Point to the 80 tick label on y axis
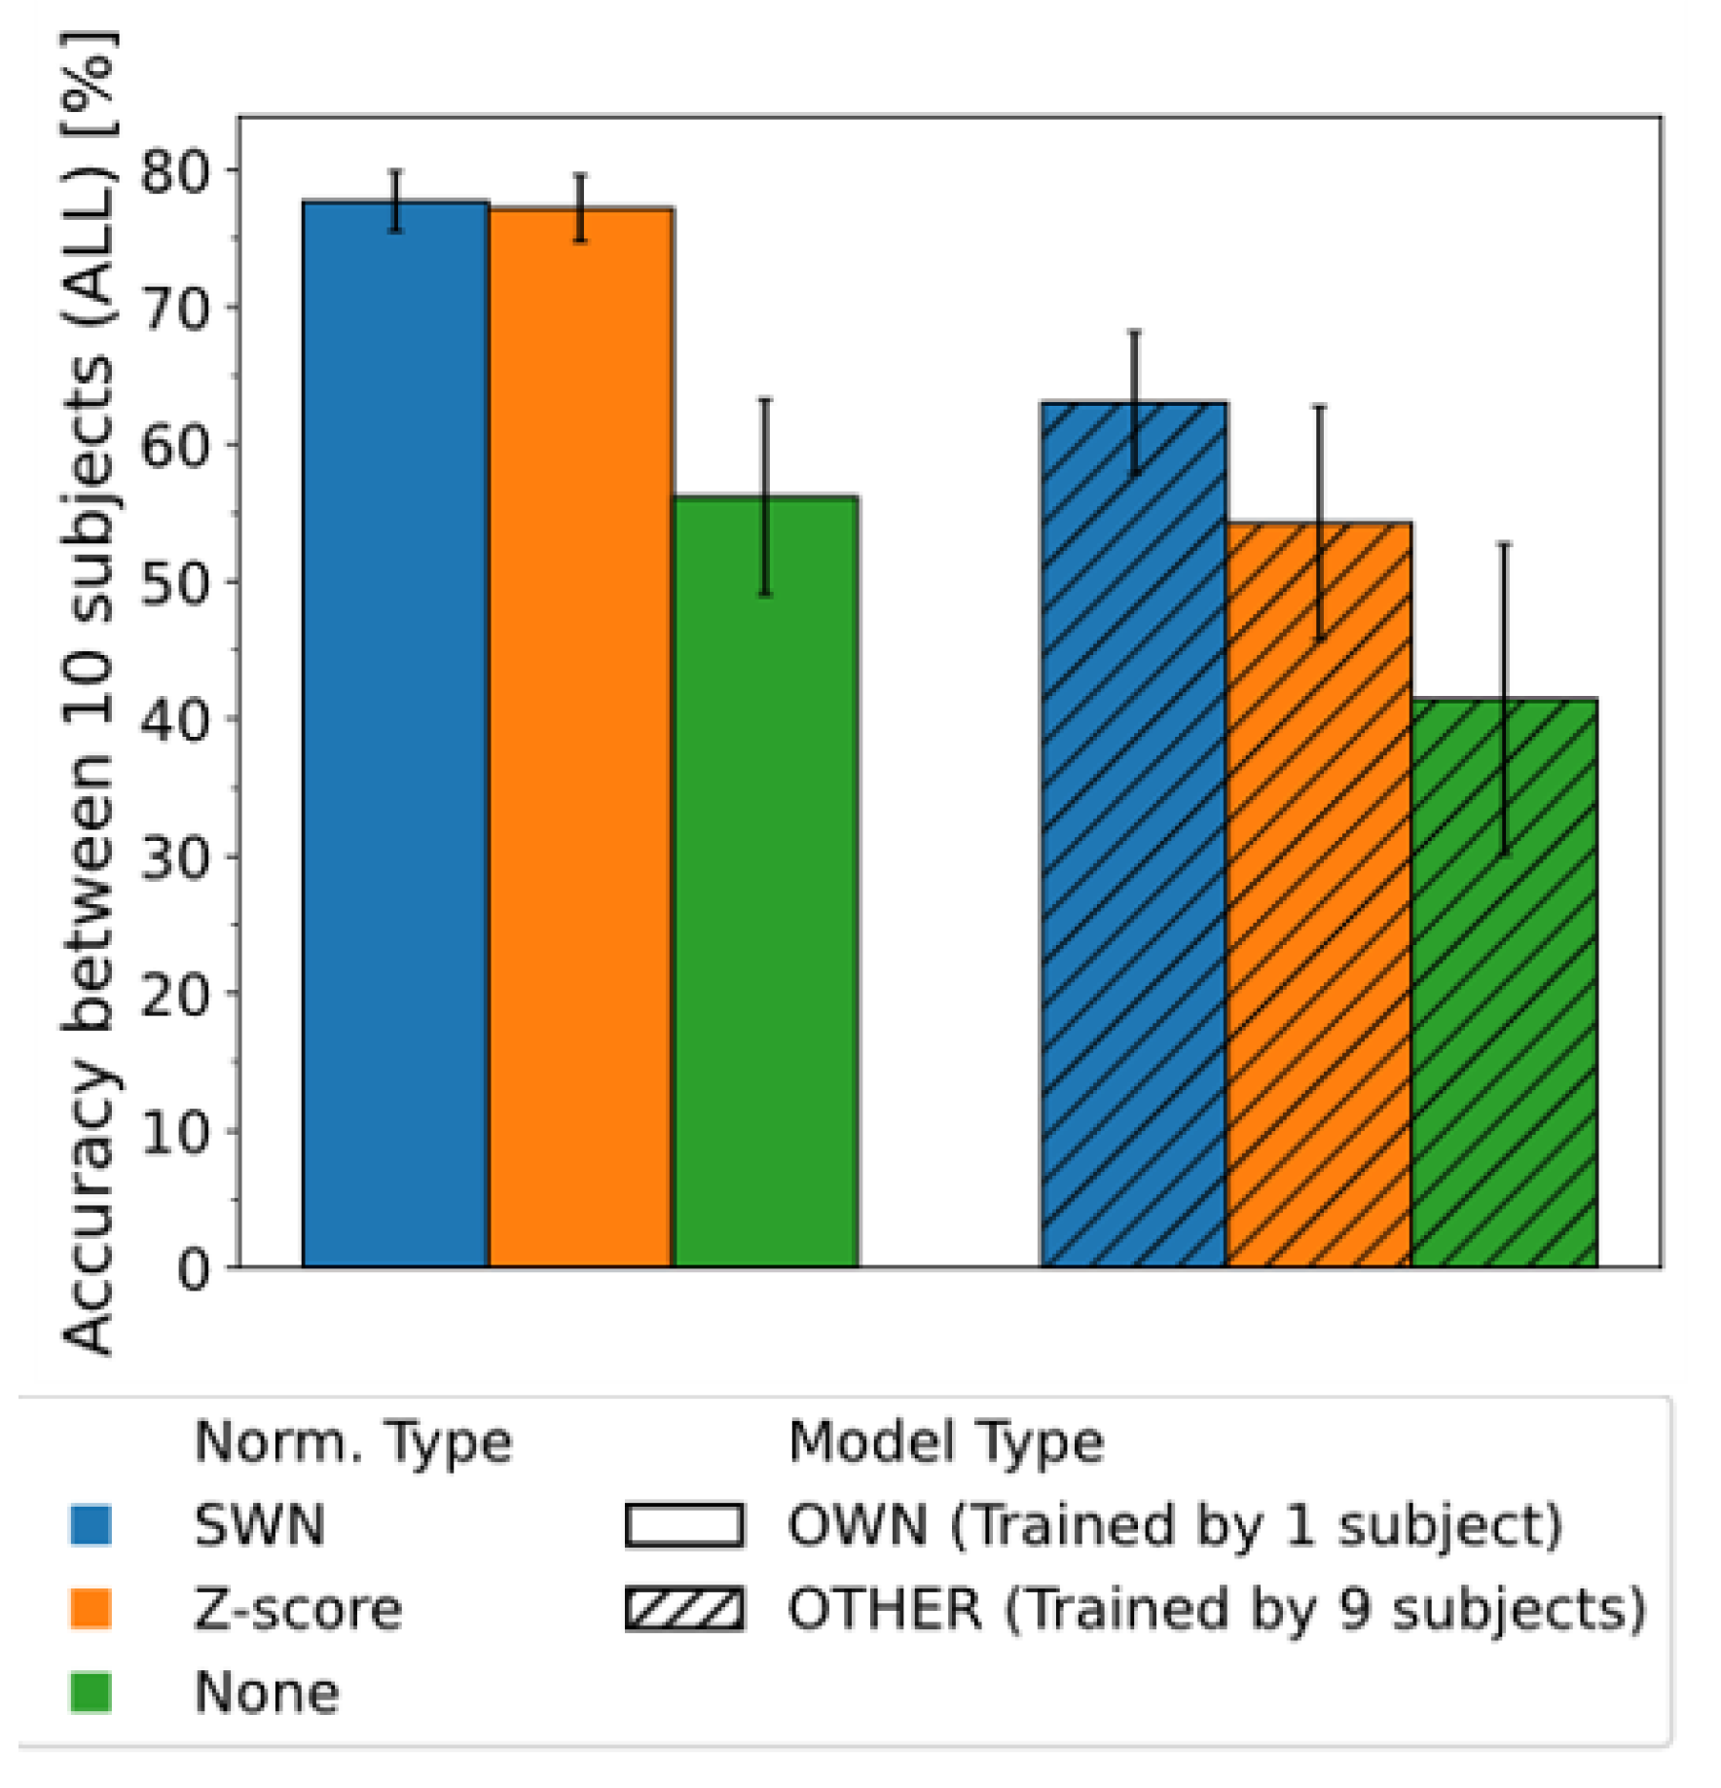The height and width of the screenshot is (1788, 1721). click(x=175, y=172)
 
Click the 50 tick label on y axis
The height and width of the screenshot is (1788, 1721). click(x=175, y=584)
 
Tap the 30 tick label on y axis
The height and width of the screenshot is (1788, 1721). click(x=175, y=858)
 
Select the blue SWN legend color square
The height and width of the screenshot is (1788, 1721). click(x=91, y=1525)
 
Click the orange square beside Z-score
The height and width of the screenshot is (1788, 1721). click(x=91, y=1609)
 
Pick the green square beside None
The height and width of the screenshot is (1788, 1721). click(x=91, y=1693)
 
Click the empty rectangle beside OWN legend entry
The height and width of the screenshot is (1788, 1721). click(x=684, y=1525)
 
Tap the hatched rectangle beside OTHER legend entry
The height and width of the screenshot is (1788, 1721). click(x=684, y=1609)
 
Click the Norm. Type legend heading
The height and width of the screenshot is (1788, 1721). click(x=352, y=1441)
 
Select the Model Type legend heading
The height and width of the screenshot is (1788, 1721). click(x=945, y=1441)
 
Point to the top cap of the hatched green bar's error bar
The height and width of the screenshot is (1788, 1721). click(x=1504, y=544)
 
